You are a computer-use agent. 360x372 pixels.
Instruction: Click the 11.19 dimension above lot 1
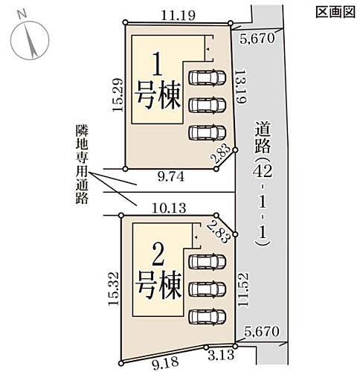point(178,16)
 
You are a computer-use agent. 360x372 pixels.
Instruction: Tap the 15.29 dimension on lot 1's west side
point(118,95)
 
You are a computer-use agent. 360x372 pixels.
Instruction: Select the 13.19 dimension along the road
point(240,86)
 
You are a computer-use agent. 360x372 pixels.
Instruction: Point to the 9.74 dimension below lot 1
point(171,177)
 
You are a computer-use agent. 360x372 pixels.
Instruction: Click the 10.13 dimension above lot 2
point(169,208)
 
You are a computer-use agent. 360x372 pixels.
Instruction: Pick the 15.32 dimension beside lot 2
point(113,289)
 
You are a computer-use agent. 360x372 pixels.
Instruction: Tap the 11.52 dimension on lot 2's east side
point(243,290)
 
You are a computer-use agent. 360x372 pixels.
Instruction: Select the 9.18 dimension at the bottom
point(166,363)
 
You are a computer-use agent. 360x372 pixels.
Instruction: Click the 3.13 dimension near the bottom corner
point(221,356)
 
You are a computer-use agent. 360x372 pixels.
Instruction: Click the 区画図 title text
point(335,12)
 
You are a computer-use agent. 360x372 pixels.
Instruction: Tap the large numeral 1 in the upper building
point(158,65)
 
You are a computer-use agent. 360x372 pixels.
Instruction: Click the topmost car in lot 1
point(208,77)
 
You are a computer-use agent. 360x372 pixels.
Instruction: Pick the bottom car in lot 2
point(208,316)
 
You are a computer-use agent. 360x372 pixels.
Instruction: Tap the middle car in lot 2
point(208,289)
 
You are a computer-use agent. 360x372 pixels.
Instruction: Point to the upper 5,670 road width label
point(257,39)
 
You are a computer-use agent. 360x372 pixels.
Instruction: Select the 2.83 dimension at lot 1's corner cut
point(221,155)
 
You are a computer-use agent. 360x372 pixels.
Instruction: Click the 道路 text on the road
point(263,137)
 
